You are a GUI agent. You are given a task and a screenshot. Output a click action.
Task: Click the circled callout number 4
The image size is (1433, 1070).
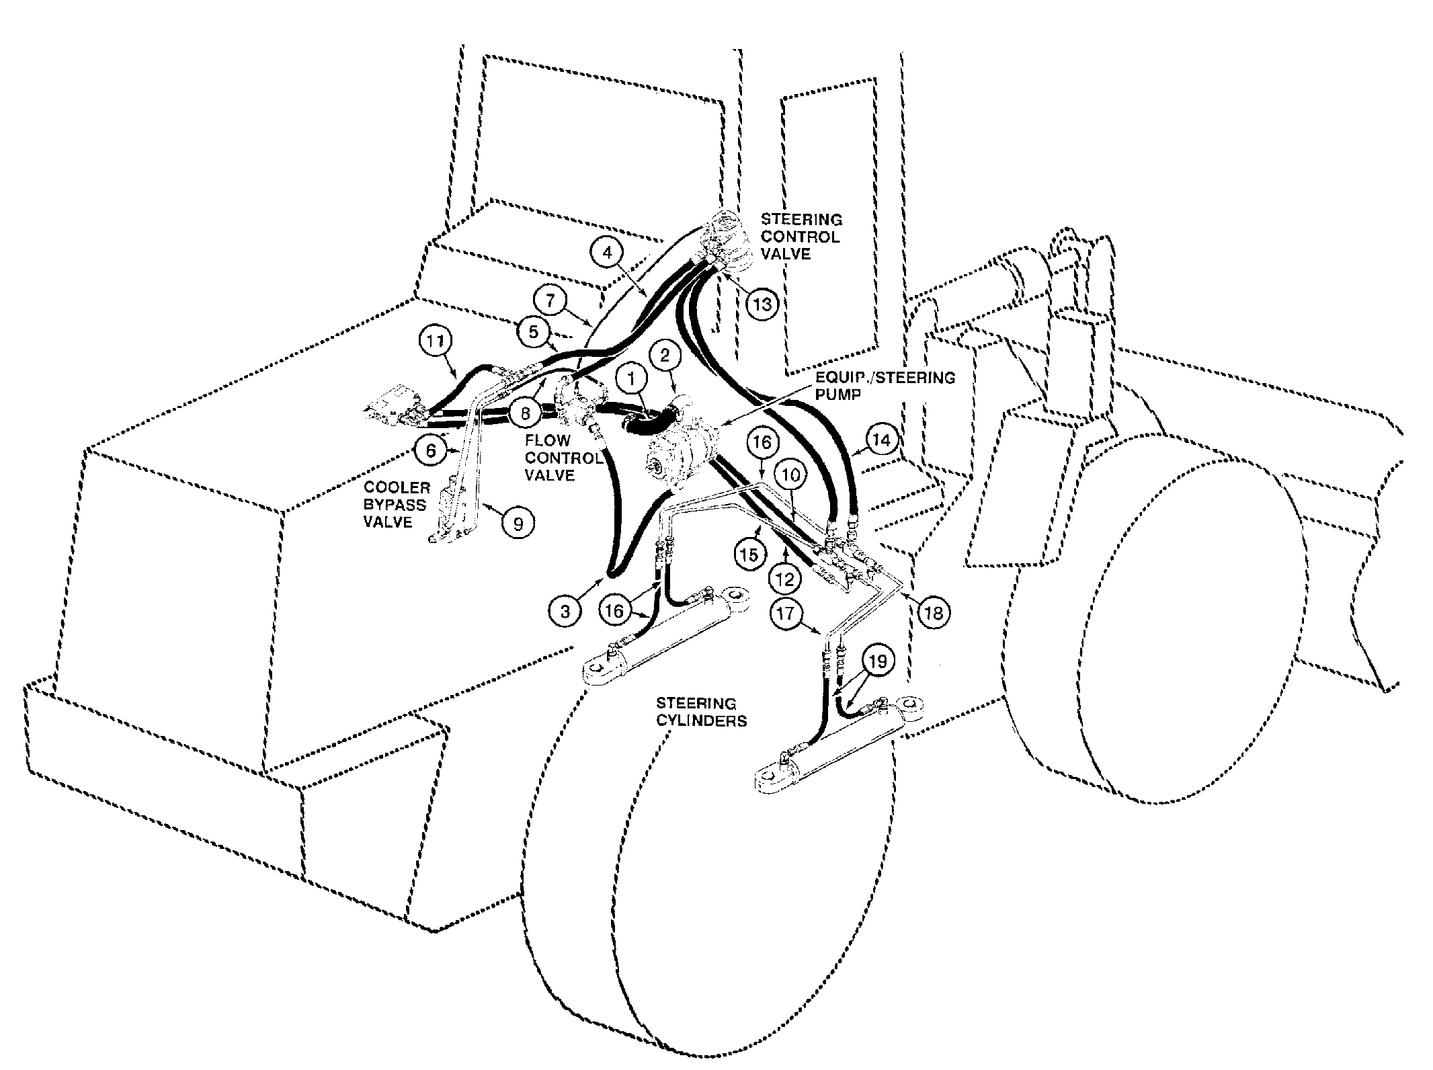coord(608,253)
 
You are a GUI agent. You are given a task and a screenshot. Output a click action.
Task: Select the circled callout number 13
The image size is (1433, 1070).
coord(762,304)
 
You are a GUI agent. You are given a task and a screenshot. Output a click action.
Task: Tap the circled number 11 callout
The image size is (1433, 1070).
coord(436,341)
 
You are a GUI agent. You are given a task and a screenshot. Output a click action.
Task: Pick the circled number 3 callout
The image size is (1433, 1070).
coord(565,611)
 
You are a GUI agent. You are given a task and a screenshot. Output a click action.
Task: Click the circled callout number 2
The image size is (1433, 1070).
coord(665,356)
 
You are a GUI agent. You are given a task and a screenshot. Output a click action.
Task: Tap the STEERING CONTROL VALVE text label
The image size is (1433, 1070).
coord(801,237)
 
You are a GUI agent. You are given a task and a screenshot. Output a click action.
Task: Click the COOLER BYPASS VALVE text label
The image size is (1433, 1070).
coord(397,504)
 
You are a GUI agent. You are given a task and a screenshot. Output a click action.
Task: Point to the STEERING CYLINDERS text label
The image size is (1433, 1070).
coord(701,712)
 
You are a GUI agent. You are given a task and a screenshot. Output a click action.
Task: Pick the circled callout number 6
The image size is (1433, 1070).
coord(430,450)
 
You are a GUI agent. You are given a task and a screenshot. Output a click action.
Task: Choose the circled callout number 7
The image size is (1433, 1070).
coord(551,300)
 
